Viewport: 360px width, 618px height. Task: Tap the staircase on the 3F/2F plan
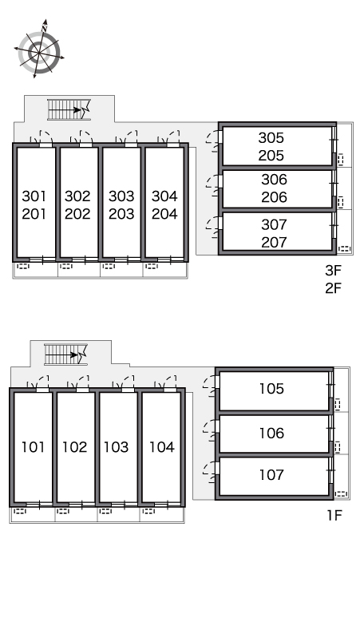[x=69, y=109]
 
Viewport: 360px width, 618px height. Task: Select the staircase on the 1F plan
[x=65, y=355]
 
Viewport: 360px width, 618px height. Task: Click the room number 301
[x=34, y=196]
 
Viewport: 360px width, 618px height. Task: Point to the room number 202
[x=77, y=214]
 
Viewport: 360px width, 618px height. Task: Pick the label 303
[x=121, y=196]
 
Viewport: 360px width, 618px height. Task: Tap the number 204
[x=164, y=214]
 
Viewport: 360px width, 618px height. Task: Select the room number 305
[x=271, y=137]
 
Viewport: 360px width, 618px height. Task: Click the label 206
[x=274, y=197]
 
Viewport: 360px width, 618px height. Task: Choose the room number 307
[x=274, y=224]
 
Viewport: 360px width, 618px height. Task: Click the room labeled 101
[x=33, y=447]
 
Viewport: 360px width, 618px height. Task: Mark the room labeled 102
[x=74, y=447]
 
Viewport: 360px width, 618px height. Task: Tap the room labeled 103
[x=117, y=447]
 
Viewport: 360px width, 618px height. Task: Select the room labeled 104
[x=161, y=447]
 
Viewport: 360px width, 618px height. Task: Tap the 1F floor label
[x=334, y=515]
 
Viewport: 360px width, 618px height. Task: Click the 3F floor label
[x=333, y=271]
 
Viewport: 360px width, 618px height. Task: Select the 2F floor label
[x=333, y=288]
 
